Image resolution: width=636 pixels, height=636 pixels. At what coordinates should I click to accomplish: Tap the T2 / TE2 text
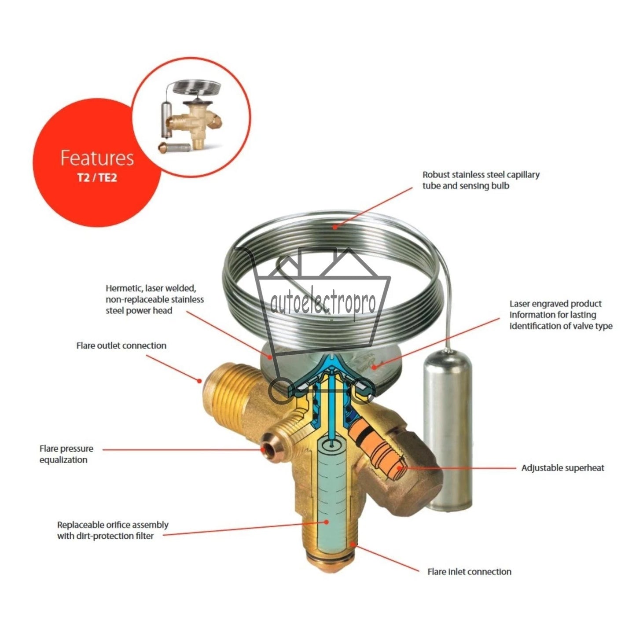point(97,178)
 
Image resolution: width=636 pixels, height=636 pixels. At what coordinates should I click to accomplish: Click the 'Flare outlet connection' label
point(121,346)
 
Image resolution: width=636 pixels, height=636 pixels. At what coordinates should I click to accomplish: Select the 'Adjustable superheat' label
point(563,468)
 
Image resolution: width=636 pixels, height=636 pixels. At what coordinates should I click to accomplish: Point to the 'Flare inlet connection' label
point(469,572)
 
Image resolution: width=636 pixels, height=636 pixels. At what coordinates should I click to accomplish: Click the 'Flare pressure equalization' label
point(66,454)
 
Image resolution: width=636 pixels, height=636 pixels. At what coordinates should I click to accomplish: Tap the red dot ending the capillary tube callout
point(335,227)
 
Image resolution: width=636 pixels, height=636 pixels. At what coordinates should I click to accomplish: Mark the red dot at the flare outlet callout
point(199,381)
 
